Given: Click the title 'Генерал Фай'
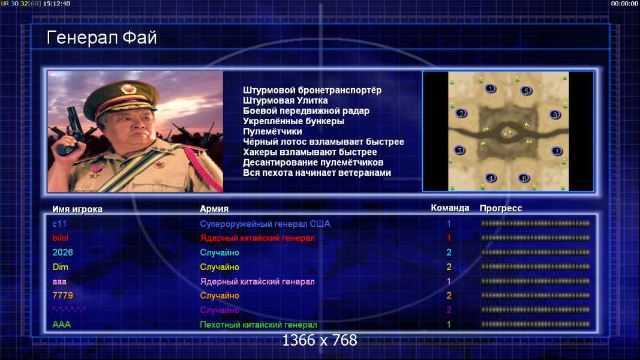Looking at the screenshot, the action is (101, 38).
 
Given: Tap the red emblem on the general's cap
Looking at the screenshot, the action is (128, 89).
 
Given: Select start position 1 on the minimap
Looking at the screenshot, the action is (490, 88).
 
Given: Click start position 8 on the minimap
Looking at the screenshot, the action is (555, 115).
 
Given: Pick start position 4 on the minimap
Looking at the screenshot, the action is (491, 178).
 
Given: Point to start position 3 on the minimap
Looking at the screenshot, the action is (459, 150).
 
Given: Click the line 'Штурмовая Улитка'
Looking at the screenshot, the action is (286, 100).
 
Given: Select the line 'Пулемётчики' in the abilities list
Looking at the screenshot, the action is (272, 131).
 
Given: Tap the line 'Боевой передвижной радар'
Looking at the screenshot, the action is (306, 111).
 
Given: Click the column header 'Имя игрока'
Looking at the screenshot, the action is (77, 209).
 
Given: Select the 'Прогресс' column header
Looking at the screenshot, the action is (501, 208).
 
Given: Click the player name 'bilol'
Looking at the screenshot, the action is (61, 238).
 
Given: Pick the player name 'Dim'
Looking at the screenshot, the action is (61, 267).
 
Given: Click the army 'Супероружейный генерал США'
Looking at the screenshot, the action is (265, 224).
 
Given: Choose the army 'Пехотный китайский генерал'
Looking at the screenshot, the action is (259, 325).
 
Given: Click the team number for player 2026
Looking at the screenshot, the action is (449, 252).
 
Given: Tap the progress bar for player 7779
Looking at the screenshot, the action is (536, 295).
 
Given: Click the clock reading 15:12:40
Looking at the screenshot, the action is (56, 3).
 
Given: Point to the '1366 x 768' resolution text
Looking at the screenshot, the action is (320, 340).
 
